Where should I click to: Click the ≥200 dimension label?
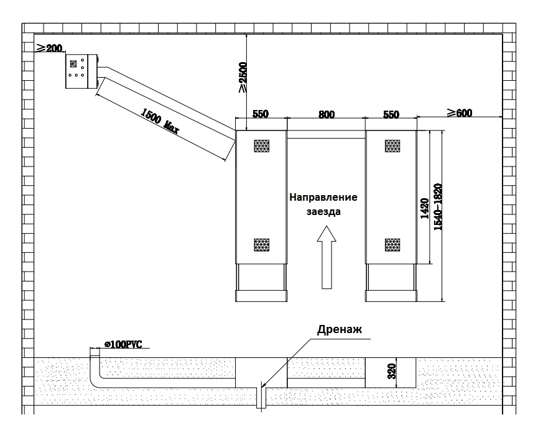50,48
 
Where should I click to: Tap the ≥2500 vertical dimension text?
242,77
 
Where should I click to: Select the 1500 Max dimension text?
160,121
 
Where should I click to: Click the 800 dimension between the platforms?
327,114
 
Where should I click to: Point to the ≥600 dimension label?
460,113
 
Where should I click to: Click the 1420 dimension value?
424,209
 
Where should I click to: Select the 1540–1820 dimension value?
438,207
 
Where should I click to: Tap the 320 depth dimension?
391,372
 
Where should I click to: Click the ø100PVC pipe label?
123,344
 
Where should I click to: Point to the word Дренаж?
340,329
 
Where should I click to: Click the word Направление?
323,198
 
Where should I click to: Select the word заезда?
323,211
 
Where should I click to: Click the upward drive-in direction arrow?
327,257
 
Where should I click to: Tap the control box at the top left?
81,71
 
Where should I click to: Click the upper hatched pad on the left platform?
261,146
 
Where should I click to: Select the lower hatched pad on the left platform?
261,245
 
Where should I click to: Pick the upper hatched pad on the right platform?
392,146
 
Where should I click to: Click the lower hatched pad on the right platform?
392,245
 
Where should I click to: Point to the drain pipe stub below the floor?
261,398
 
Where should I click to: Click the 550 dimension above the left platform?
261,114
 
